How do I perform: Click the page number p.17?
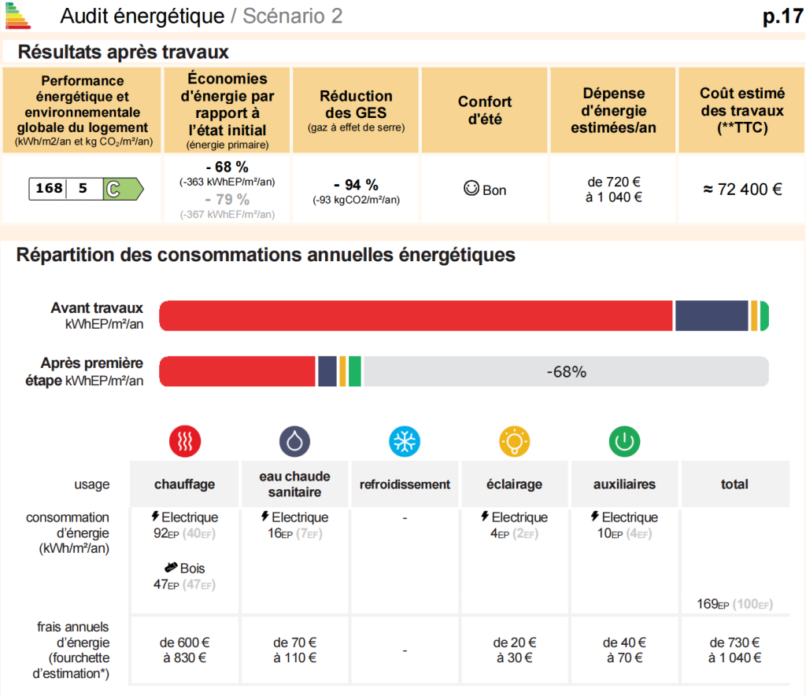tap(783, 17)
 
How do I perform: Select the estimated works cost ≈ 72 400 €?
tap(742, 190)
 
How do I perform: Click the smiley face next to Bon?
tap(471, 188)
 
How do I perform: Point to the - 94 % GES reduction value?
tap(356, 185)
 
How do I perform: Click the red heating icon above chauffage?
tap(185, 441)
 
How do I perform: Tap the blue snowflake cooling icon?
tap(405, 441)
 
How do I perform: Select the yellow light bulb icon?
tap(515, 441)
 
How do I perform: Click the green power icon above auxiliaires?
tap(624, 441)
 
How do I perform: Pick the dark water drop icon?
tap(294, 441)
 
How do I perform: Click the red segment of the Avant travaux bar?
tap(416, 315)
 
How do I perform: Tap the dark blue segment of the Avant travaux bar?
tap(712, 315)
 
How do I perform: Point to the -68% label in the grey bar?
tap(566, 371)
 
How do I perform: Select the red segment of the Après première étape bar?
tap(237, 371)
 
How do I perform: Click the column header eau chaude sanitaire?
tap(294, 484)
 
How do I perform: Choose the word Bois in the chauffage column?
tap(192, 568)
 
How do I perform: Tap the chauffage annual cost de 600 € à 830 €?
tap(184, 650)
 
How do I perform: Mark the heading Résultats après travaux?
tap(124, 52)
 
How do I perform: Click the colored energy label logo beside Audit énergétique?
tap(18, 16)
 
